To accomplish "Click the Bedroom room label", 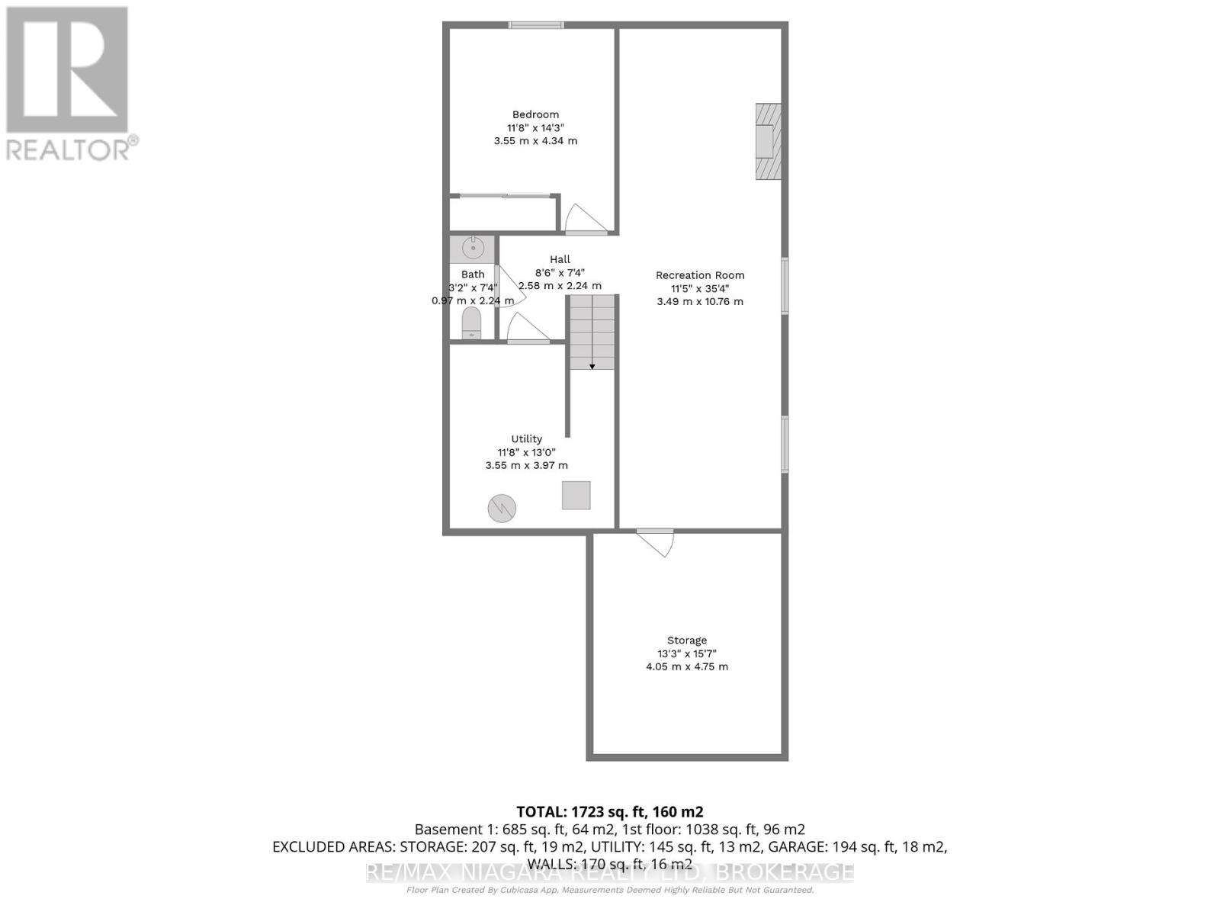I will pos(535,115).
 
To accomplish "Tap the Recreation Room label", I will pos(700,275).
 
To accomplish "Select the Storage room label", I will pos(687,640).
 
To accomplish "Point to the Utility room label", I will pos(526,439).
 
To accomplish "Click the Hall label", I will pos(560,259).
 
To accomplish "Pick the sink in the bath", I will pos(473,248).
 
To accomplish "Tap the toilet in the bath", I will pos(472,324).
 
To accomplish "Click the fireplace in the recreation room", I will pos(767,141).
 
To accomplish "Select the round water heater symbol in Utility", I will pos(502,508).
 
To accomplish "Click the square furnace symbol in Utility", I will pos(576,496).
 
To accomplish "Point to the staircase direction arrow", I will pos(592,365).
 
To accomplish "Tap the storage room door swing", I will pos(657,543).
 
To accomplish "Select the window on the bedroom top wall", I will pos(537,25).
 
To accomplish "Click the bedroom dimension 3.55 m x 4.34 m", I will pos(535,141).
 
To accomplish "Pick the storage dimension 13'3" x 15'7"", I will pos(687,653).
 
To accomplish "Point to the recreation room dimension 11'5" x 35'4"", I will pos(700,288).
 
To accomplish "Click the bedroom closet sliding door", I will pos(506,196).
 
